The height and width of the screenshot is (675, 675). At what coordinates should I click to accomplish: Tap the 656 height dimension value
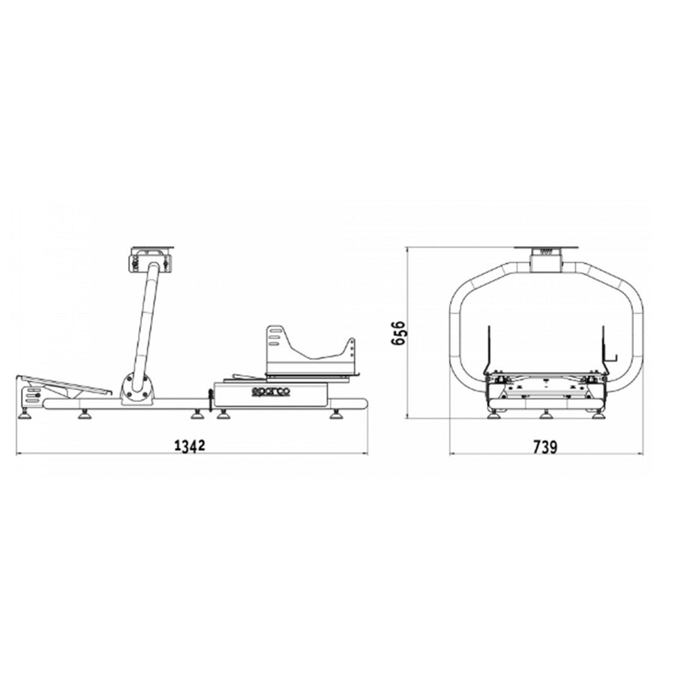[398, 332]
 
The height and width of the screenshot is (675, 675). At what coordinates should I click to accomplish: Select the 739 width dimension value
[545, 447]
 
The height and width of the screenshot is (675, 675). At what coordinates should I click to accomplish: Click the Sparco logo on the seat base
[270, 391]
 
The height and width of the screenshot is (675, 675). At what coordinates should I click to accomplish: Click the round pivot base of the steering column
[137, 388]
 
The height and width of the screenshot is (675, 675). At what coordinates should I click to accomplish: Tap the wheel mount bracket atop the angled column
[150, 259]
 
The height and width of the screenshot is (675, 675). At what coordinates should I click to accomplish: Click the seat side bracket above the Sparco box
[310, 350]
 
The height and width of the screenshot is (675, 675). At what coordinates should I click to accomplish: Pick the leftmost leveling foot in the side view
[25, 415]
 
